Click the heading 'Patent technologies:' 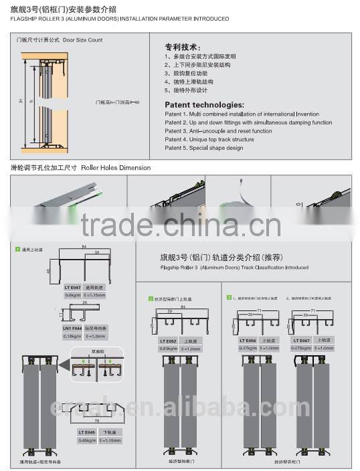coord(204,105)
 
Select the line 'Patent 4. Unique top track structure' coord(209,139)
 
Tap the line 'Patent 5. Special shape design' coord(204,148)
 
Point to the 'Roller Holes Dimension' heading coord(116,167)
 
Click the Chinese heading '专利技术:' coord(182,48)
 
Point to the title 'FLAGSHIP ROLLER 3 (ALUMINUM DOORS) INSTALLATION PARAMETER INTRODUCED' coord(119,19)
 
